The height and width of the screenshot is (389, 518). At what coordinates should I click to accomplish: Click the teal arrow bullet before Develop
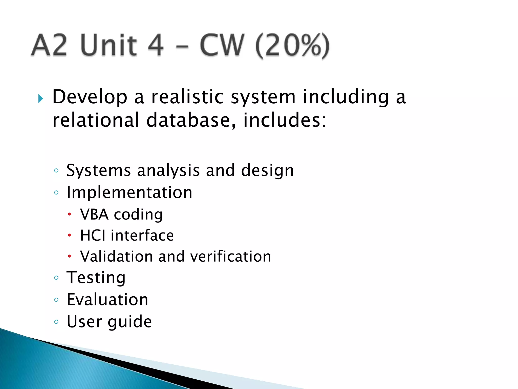pos(40,99)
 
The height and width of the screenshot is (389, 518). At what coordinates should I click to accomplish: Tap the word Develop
pos(90,97)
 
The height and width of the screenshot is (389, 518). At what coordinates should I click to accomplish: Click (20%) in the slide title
pos(292,46)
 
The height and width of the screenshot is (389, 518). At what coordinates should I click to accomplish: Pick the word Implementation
pos(129,192)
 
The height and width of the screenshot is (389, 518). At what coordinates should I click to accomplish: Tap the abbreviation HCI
pos(92,236)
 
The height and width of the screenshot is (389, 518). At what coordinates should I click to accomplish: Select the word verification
pos(230,256)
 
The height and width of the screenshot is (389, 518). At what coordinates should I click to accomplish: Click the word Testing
pos(96,278)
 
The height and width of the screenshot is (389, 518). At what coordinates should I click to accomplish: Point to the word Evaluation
pos(107,300)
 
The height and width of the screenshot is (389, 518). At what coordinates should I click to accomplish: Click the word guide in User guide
pos(130,322)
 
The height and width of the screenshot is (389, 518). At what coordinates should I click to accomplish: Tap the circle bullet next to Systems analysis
pos(56,171)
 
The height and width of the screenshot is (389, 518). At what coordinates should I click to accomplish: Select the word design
pos(267,171)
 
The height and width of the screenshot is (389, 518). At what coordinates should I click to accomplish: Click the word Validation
pos(116,256)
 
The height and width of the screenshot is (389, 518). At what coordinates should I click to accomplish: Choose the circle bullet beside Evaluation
pos(56,300)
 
